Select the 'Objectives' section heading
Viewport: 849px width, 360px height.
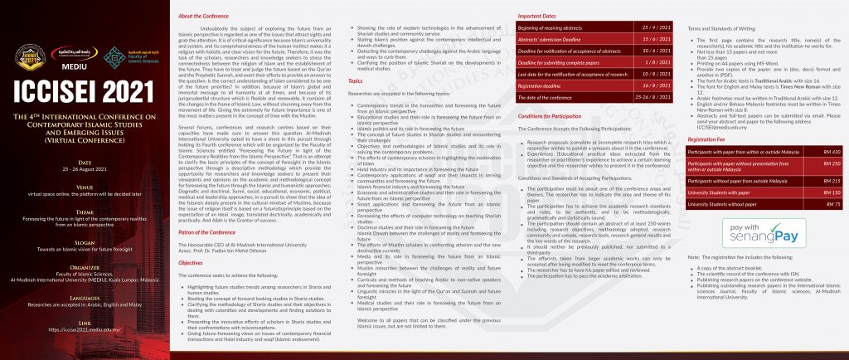pyautogui.click(x=192, y=261)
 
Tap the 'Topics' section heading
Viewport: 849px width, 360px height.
pyautogui.click(x=355, y=81)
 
